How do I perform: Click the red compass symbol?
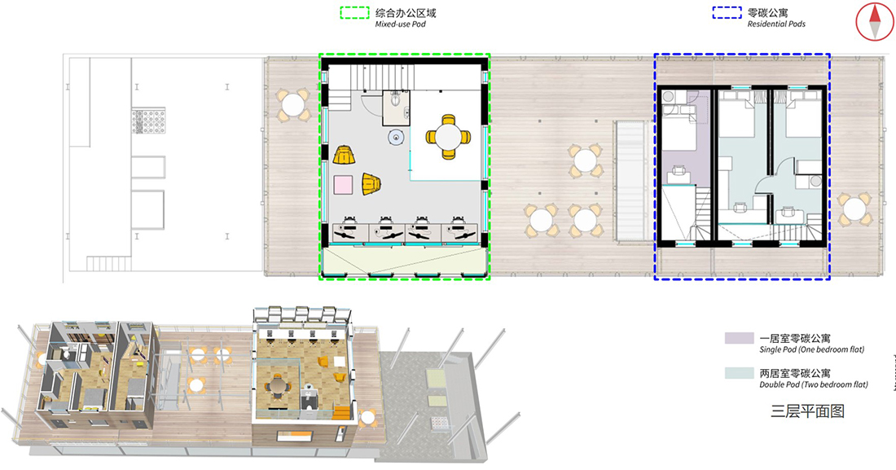click(875, 22)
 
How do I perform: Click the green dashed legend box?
click(354, 12)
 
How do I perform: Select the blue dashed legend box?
click(727, 12)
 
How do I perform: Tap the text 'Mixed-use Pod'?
click(400, 24)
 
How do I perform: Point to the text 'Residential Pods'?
click(776, 24)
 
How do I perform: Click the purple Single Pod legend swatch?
click(740, 338)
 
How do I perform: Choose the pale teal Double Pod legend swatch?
click(740, 373)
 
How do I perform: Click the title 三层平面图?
click(807, 411)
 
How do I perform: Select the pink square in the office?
click(343, 185)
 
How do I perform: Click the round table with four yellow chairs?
click(448, 137)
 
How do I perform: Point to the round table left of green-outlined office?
click(293, 105)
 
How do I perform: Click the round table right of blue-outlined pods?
click(854, 209)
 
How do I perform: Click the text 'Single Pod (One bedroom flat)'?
click(811, 350)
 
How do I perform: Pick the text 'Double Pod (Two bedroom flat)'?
click(814, 384)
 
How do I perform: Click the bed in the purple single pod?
click(679, 131)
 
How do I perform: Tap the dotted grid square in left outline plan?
click(148, 121)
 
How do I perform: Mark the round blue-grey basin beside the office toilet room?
click(397, 137)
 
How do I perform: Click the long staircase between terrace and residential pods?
click(630, 181)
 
